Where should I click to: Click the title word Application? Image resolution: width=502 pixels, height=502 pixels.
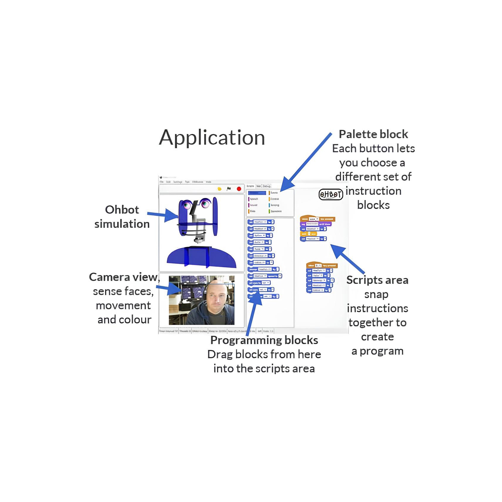click(x=212, y=138)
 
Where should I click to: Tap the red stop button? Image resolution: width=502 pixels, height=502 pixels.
click(x=239, y=189)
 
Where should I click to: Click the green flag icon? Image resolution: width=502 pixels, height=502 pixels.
click(x=229, y=189)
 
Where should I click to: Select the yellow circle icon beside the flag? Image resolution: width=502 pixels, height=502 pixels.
click(x=220, y=189)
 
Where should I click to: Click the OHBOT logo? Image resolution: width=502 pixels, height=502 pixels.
click(x=331, y=194)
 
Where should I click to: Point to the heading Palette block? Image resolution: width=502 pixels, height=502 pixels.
click(x=373, y=134)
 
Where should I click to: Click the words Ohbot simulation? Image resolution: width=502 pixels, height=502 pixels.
click(x=122, y=217)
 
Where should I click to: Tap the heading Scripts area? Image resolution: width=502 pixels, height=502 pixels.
click(x=377, y=280)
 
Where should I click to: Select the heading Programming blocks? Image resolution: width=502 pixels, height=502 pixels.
click(x=264, y=340)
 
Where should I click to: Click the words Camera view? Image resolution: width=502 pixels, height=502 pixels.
click(x=123, y=277)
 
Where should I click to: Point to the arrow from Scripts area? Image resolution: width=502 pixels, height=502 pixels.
click(x=348, y=259)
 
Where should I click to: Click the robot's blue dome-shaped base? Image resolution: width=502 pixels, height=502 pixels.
click(x=201, y=257)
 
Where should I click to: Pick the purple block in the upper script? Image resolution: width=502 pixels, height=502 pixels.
click(x=316, y=224)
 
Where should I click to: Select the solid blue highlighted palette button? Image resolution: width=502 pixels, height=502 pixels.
click(x=257, y=193)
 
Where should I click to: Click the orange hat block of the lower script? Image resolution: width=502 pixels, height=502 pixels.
click(x=322, y=265)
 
